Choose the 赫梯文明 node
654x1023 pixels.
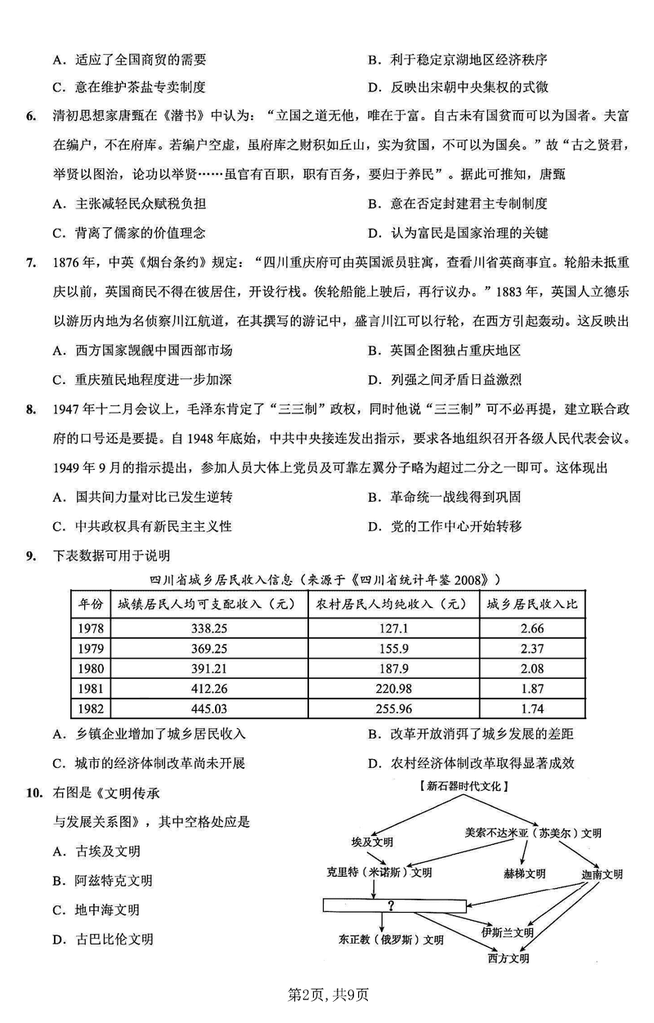pyautogui.click(x=524, y=873)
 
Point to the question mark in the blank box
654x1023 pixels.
pyautogui.click(x=392, y=905)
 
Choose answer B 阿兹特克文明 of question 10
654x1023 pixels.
pyautogui.click(x=102, y=881)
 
